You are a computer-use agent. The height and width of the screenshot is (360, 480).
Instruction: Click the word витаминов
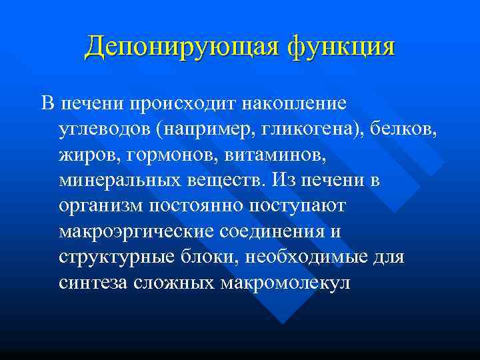point(258,155)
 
